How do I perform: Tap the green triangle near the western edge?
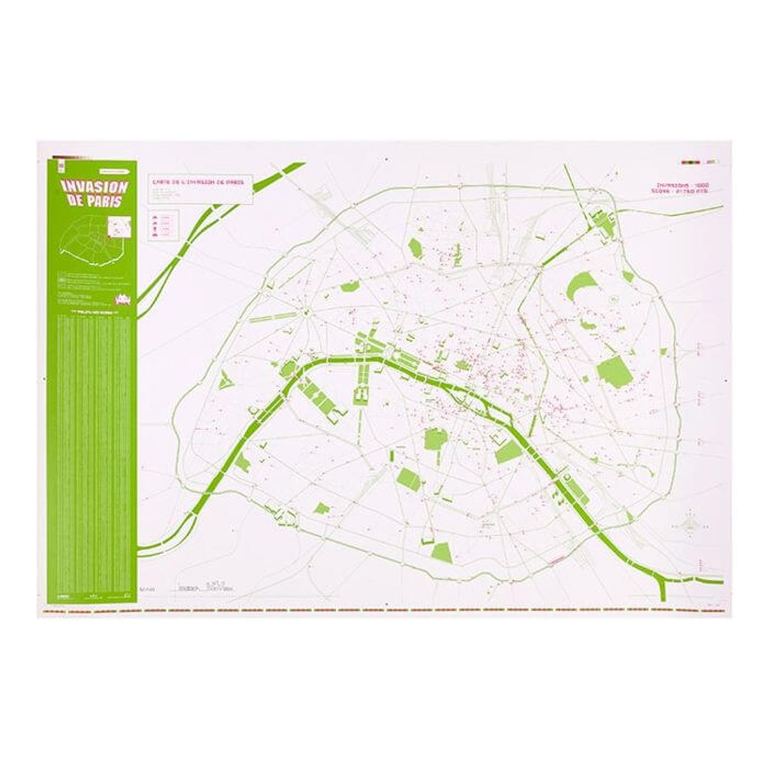pyautogui.click(x=227, y=380)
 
